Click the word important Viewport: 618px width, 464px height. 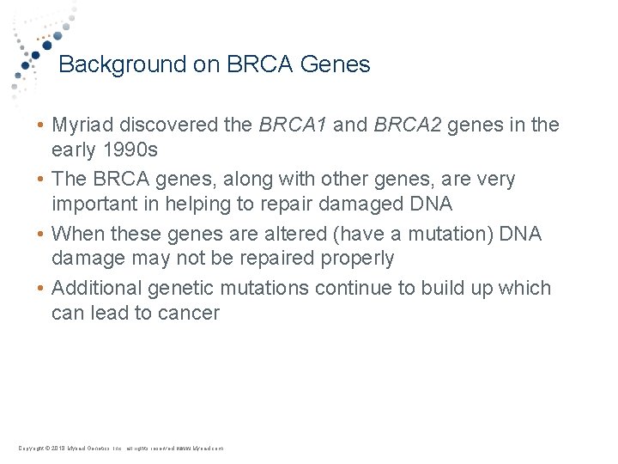click(94, 205)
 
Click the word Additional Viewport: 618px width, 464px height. click(97, 288)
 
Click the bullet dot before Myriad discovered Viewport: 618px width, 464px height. click(40, 126)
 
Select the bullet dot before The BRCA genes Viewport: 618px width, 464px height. click(40, 180)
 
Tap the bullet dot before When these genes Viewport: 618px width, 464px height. click(40, 235)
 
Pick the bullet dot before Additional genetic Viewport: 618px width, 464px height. click(40, 289)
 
